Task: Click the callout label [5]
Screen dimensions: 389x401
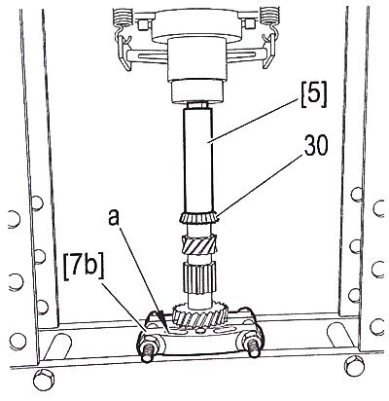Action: point(313,96)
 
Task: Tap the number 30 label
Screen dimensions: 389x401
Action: point(316,145)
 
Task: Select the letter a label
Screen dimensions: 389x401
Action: point(115,218)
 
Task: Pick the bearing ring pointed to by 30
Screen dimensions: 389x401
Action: point(197,217)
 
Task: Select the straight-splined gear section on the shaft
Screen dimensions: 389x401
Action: point(199,277)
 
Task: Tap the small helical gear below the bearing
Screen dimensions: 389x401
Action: point(199,244)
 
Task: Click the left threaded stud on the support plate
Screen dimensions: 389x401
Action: point(149,349)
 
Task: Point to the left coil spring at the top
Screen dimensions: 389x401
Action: point(123,17)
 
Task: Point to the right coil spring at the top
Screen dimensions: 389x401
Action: point(271,17)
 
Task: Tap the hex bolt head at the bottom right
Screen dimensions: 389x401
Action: point(355,366)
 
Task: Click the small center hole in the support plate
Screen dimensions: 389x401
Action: point(200,331)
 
